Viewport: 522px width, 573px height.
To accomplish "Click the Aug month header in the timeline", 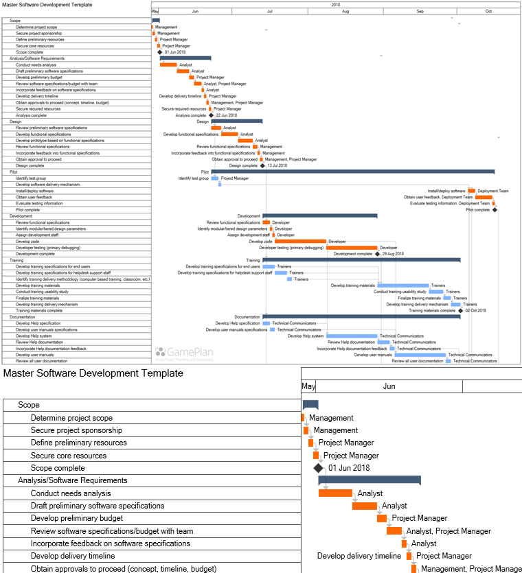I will [345, 12].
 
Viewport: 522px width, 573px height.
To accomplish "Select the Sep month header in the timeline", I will [420, 12].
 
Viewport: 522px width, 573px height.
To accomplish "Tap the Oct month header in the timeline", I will [488, 12].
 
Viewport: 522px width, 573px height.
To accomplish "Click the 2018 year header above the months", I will [335, 4].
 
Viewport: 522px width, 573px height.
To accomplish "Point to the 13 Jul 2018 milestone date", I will [277, 165].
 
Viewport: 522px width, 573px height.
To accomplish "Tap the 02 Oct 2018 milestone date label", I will [475, 311].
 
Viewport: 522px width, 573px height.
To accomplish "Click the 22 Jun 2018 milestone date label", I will [227, 115].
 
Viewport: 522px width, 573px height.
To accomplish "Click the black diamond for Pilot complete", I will [495, 210].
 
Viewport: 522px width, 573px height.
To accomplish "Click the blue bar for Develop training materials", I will [402, 285].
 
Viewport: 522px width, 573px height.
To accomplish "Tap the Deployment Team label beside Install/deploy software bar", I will [493, 191].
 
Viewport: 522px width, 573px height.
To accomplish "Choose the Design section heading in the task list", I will [16, 121].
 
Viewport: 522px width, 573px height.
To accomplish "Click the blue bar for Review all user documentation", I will [449, 361].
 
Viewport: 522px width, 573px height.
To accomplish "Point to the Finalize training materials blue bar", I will [447, 299].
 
